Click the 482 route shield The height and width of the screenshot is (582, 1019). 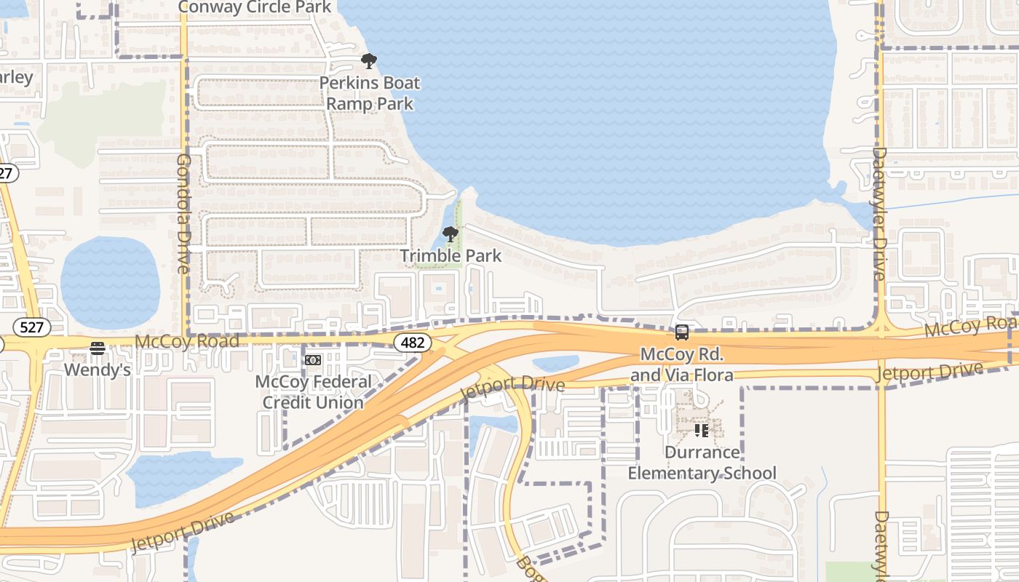[x=413, y=342]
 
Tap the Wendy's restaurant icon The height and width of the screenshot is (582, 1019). [x=98, y=348]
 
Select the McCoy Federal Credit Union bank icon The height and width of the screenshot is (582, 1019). [x=313, y=360]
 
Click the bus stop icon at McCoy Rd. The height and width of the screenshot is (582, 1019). [x=681, y=332]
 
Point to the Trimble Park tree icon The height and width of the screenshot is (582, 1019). [x=451, y=234]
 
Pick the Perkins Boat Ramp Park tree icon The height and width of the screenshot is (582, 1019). [x=369, y=61]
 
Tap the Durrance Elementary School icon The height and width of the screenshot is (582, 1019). [x=702, y=431]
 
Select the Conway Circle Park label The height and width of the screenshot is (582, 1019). [x=255, y=7]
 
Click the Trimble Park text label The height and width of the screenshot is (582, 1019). [x=451, y=255]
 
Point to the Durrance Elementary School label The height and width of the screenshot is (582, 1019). [x=702, y=463]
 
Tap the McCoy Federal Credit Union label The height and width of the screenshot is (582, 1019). [x=313, y=391]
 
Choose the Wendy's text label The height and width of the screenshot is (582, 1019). [x=98, y=370]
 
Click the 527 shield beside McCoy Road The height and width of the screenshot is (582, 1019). [x=32, y=327]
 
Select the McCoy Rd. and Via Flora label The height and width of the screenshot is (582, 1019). [x=681, y=364]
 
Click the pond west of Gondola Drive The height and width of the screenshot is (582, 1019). [x=110, y=282]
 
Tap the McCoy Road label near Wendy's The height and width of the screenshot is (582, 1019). [x=187, y=341]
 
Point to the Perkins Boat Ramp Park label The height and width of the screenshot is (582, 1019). [x=369, y=93]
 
